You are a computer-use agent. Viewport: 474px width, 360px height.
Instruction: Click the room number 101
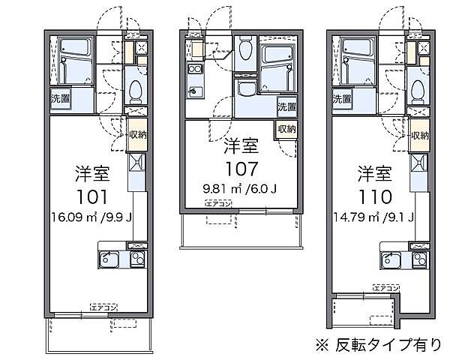[91, 197]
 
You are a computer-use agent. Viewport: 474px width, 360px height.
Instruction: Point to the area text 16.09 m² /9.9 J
[91, 219]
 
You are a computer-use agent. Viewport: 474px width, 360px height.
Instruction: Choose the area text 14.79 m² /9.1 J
[374, 219]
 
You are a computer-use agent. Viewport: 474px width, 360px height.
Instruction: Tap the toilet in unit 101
[136, 91]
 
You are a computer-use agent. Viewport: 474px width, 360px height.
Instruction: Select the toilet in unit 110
[418, 91]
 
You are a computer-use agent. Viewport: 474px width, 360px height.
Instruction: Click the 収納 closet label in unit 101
[137, 136]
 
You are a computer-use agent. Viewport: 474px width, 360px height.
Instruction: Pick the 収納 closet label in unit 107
[286, 129]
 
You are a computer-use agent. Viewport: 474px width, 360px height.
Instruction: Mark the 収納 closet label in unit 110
[420, 136]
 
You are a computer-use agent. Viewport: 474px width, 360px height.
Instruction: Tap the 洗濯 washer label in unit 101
[61, 98]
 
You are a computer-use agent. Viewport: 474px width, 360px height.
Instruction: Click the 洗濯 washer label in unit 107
[286, 106]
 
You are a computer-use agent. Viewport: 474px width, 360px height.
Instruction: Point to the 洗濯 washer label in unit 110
[343, 98]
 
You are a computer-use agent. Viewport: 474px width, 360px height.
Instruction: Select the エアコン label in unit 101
[103, 306]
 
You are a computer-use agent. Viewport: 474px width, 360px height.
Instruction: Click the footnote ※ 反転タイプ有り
[379, 344]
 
